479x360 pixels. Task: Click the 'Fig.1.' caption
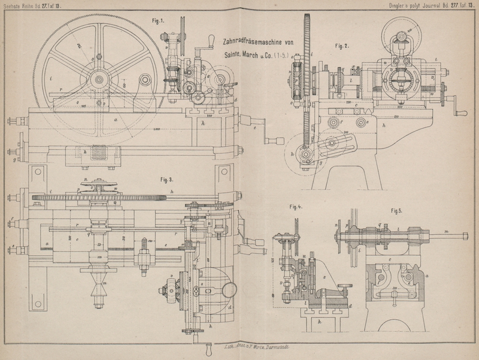click(x=159, y=20)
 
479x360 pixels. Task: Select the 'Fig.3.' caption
click(x=167, y=179)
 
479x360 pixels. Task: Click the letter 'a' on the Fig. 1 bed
click(x=115, y=120)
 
